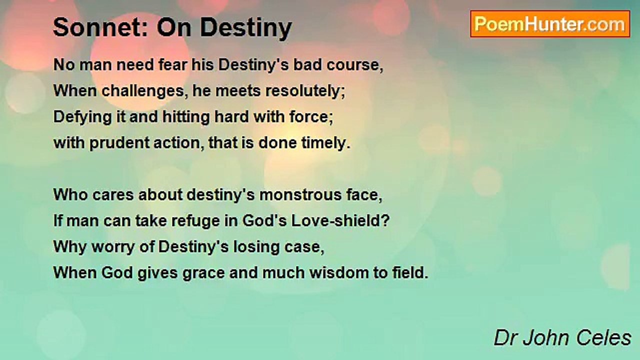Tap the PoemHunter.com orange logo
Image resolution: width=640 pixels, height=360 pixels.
click(x=550, y=24)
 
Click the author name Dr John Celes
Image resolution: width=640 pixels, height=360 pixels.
click(x=562, y=338)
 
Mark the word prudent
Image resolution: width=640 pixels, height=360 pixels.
click(x=119, y=143)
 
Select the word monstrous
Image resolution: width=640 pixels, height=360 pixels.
click(x=300, y=195)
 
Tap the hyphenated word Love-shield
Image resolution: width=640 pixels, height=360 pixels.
click(x=340, y=220)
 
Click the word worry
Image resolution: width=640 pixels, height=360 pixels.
click(x=113, y=247)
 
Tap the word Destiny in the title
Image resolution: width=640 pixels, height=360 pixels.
click(x=246, y=28)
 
